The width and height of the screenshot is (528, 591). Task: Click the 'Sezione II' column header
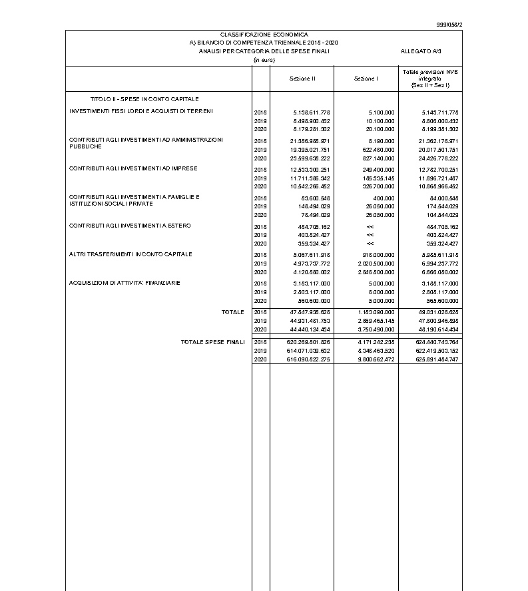[302, 79]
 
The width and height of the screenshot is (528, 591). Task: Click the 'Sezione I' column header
[366, 79]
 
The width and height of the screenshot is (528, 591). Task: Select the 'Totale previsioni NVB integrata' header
[430, 79]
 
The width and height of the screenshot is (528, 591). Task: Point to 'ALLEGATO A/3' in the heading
[421, 51]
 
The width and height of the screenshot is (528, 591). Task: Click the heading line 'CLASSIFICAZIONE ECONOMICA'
[264, 34]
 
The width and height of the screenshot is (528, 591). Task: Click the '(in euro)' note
[264, 60]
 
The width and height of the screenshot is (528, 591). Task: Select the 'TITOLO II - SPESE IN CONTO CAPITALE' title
[144, 98]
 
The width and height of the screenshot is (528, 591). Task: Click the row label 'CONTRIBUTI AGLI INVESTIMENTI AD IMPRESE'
[133, 168]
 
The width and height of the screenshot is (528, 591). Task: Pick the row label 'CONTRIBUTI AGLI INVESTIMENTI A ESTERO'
[130, 226]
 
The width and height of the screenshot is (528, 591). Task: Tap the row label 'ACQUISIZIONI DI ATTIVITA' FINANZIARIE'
[125, 283]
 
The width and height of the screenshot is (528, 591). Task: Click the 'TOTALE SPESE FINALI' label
[212, 342]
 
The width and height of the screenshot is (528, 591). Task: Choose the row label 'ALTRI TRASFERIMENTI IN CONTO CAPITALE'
[131, 254]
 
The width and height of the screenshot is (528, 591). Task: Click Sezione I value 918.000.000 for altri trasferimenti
[378, 255]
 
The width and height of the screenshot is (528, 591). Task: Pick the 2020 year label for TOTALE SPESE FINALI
[260, 359]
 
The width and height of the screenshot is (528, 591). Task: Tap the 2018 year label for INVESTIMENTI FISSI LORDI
[260, 112]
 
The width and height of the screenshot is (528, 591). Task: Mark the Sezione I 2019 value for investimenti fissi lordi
[382, 121]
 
